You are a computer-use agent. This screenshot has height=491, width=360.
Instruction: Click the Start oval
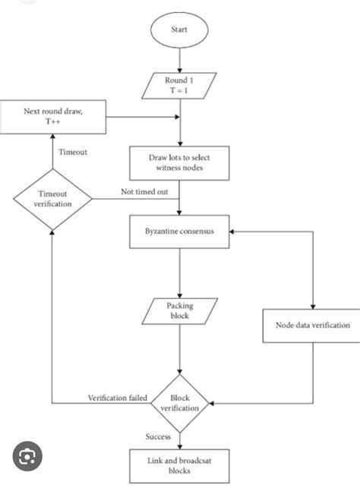click(180, 32)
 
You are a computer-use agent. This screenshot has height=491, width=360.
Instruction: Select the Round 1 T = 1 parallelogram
click(180, 84)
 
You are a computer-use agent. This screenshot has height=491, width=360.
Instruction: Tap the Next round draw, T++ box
click(52, 117)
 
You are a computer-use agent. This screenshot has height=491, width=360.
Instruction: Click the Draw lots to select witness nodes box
click(180, 161)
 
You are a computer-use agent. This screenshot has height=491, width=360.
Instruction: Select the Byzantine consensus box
click(180, 233)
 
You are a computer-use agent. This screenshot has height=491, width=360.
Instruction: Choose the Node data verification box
click(312, 326)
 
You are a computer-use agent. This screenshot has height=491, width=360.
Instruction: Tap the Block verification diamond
click(180, 402)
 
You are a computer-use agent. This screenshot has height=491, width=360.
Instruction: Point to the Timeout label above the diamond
click(74, 152)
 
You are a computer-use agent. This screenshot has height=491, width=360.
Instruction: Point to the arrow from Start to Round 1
click(180, 59)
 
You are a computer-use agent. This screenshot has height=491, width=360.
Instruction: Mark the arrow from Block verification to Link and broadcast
click(180, 440)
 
